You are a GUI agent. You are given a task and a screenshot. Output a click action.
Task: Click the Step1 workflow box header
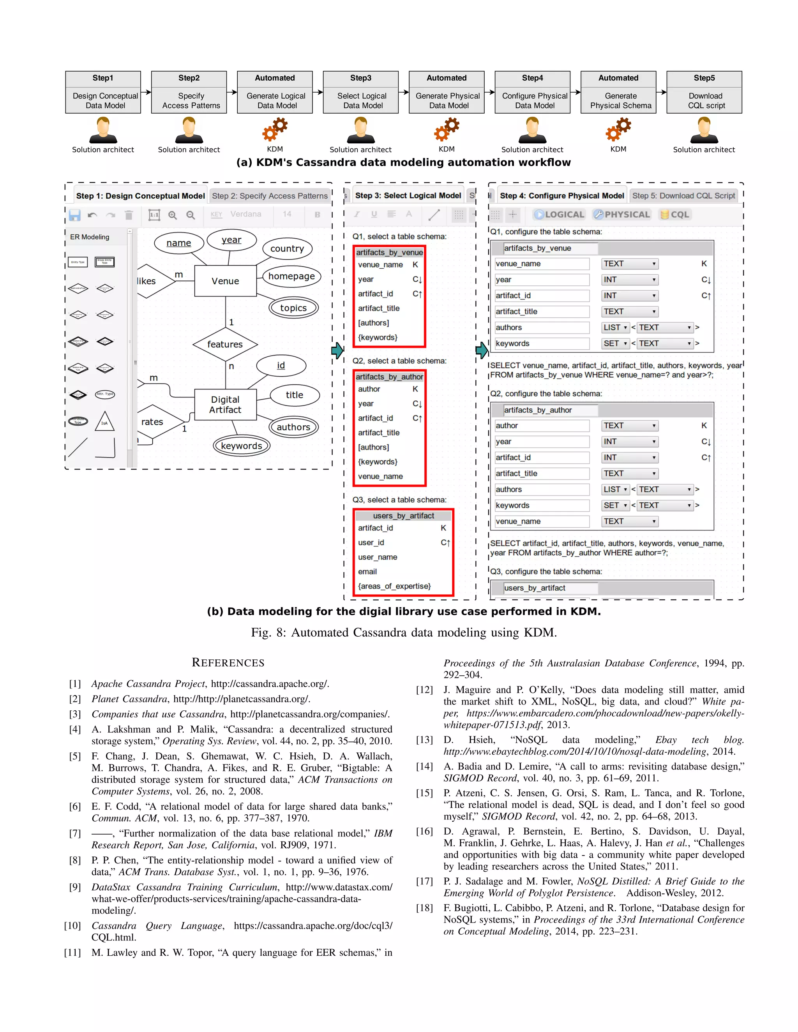pos(102,78)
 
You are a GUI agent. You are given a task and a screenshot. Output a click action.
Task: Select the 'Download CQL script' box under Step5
pos(704,100)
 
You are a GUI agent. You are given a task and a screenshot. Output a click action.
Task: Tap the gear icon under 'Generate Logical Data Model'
pos(275,129)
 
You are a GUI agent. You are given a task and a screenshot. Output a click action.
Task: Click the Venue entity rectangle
pos(226,281)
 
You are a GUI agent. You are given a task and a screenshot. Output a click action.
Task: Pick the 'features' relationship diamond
pos(225,344)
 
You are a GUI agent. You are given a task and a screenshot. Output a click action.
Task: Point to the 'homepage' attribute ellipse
pos(291,276)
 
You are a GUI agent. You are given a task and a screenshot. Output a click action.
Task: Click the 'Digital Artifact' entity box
pos(225,405)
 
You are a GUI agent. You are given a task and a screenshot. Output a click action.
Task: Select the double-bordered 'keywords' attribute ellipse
pos(241,446)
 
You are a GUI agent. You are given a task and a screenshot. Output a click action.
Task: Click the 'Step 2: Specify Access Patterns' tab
pos(270,195)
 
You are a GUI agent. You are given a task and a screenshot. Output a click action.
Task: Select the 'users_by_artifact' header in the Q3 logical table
pos(403,516)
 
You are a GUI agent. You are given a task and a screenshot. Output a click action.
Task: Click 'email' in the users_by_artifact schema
pos(367,572)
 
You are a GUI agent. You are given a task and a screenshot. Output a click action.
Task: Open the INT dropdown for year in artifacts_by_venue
pos(629,280)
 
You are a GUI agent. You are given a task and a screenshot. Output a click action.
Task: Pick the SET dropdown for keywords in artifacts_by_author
pos(615,505)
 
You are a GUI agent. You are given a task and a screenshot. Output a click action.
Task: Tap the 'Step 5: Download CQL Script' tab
pos(683,195)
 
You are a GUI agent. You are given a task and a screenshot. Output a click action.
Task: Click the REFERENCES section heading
pos(228,662)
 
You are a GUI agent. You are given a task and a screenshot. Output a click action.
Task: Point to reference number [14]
pos(424,766)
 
